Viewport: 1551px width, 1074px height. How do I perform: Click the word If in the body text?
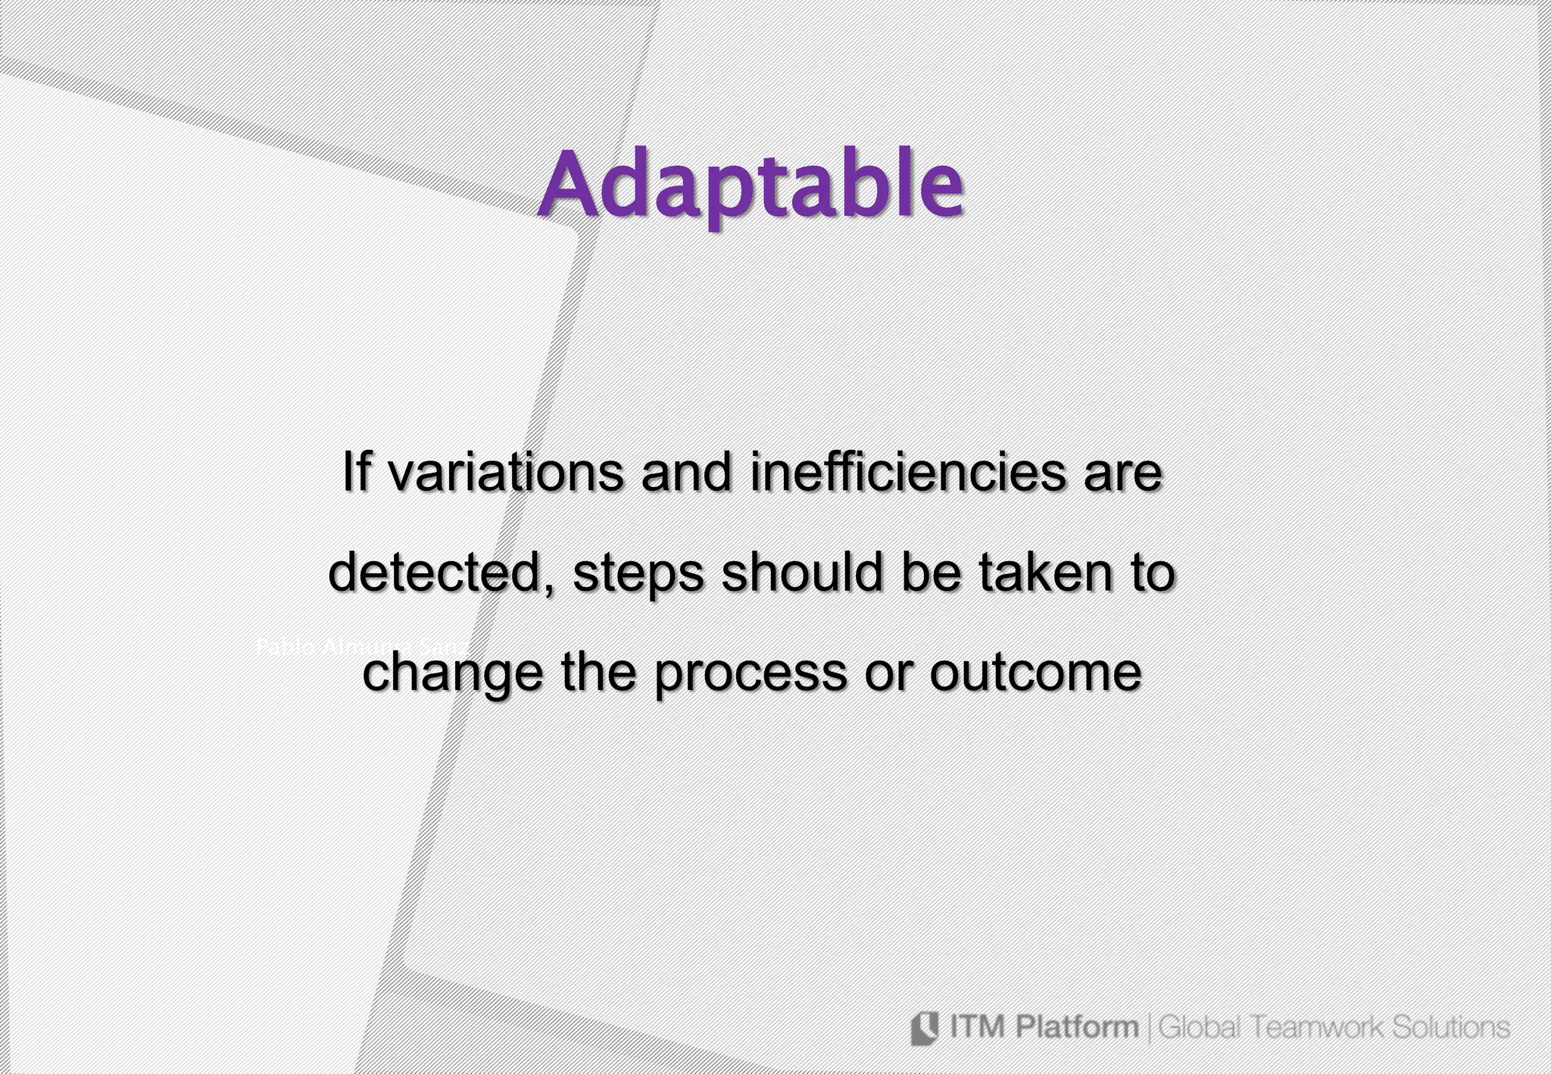coord(357,472)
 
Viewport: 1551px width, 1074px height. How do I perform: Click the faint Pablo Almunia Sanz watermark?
coord(362,647)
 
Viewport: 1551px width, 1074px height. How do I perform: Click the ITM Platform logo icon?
coord(924,1028)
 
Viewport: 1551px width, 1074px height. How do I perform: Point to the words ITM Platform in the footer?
coord(1043,1028)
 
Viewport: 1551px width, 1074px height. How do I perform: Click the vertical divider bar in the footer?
coord(1149,1029)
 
